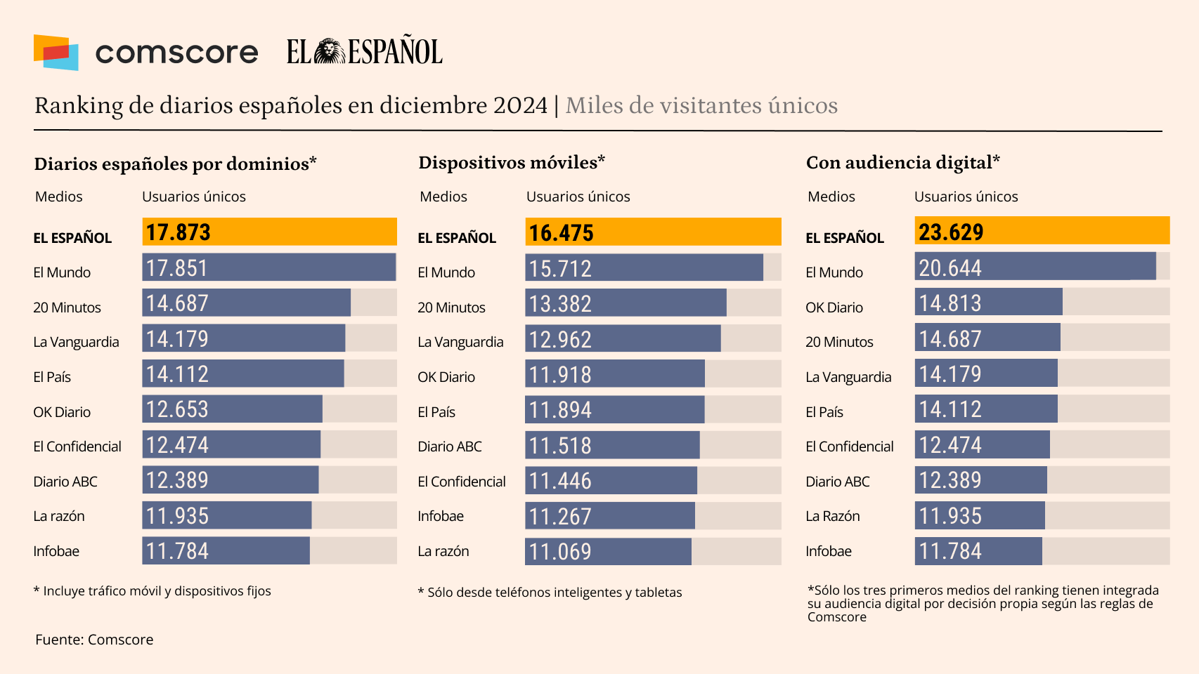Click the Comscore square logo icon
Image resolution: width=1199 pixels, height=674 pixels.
56,53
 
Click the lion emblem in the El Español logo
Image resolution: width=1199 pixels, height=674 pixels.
329,52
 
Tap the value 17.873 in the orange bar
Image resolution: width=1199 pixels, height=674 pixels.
178,232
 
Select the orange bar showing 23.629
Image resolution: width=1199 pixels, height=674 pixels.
1042,232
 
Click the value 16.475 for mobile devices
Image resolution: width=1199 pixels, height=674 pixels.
561,233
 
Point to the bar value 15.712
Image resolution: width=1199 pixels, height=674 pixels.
560,269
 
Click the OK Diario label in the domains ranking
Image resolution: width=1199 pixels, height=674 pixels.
62,412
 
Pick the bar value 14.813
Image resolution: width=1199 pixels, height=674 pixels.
950,303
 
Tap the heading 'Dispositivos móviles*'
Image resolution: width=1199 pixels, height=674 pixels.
512,163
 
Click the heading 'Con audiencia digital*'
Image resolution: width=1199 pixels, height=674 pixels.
902,163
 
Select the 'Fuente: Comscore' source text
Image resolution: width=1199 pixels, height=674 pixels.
94,640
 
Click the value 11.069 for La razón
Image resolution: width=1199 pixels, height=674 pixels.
560,552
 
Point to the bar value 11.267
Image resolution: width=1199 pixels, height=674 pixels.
560,517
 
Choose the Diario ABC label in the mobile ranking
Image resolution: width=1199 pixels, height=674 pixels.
450,447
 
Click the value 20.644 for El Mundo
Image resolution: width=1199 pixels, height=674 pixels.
950,268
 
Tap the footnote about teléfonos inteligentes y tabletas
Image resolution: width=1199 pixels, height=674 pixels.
550,593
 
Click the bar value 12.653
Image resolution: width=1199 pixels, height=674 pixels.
177,409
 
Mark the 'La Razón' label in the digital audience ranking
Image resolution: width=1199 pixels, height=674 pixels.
833,516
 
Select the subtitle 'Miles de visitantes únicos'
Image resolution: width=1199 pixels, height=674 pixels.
701,105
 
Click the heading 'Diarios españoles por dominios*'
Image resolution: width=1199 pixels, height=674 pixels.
175,164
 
